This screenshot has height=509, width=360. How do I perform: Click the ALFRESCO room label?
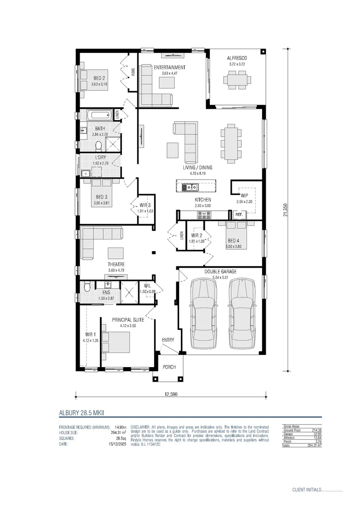pos(237,58)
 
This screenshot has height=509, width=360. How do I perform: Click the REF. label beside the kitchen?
pos(239,215)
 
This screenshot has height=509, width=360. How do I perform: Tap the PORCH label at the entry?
pos(169,367)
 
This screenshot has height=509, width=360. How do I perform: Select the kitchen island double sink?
pos(191,187)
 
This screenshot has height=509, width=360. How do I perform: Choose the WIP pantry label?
pos(244,195)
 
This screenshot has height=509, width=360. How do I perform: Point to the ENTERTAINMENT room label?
pos(170,67)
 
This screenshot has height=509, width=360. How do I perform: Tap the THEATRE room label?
pos(115,265)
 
